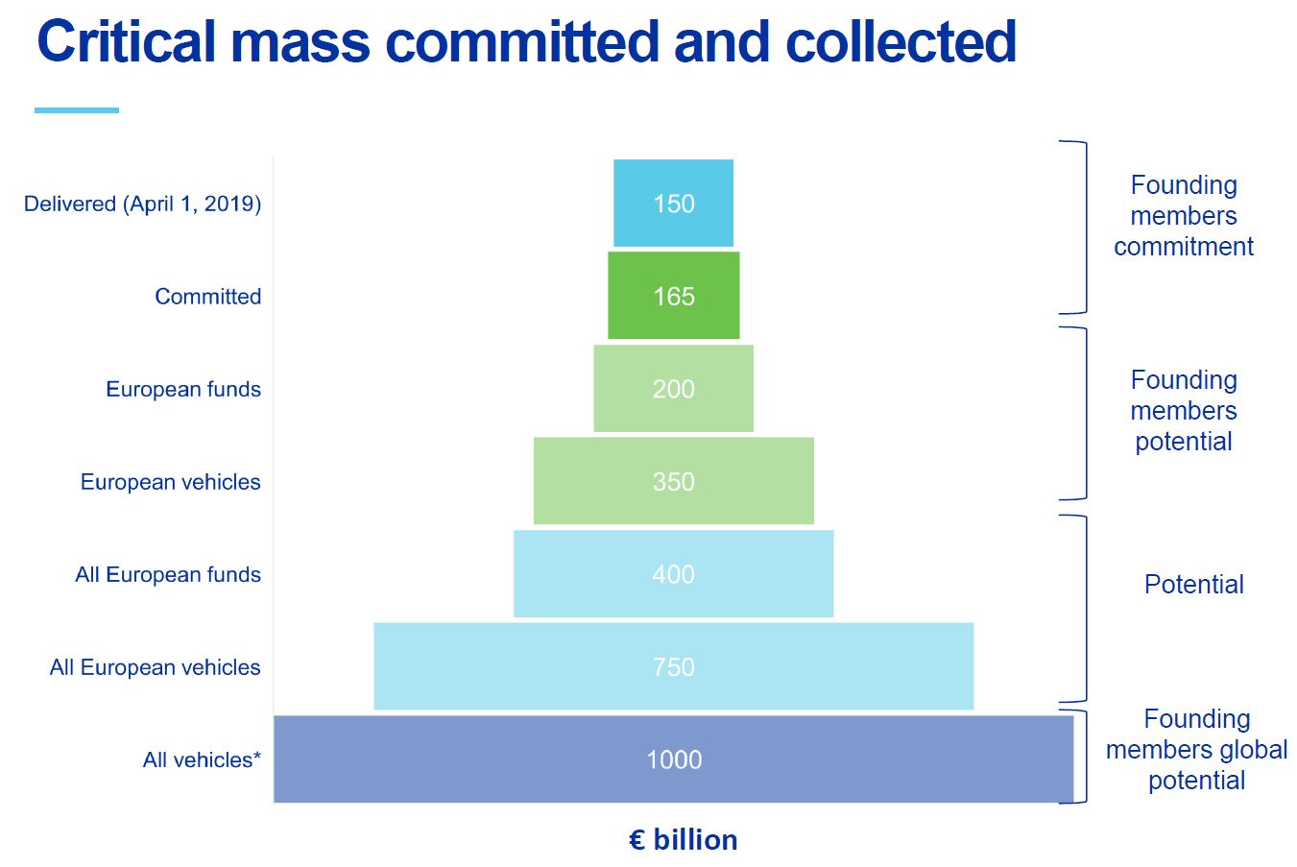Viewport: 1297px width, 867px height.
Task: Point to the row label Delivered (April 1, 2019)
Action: [x=142, y=204]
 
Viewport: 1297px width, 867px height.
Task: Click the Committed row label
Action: [x=207, y=297]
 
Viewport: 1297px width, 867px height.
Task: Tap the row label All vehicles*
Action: [x=202, y=760]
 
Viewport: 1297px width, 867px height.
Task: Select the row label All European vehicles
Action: [x=155, y=667]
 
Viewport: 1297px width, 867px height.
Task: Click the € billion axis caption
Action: [x=684, y=840]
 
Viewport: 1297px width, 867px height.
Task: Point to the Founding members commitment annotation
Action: [x=1184, y=216]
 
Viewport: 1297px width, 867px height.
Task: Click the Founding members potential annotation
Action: [x=1184, y=411]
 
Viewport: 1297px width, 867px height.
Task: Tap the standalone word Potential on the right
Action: [x=1193, y=585]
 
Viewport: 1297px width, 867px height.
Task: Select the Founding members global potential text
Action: [x=1196, y=750]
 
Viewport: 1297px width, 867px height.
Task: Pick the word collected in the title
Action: [x=901, y=43]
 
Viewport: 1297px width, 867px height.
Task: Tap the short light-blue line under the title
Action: [x=77, y=110]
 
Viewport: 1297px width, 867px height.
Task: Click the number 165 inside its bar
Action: [x=674, y=297]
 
